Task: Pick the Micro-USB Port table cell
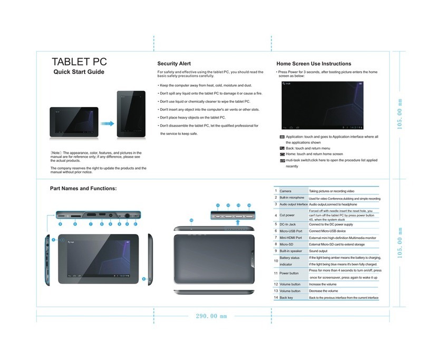tap(291, 231)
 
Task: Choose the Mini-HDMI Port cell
tap(291, 238)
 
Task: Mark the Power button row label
tap(290, 273)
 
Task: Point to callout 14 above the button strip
tap(248, 205)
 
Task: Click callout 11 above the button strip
tap(217, 205)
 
